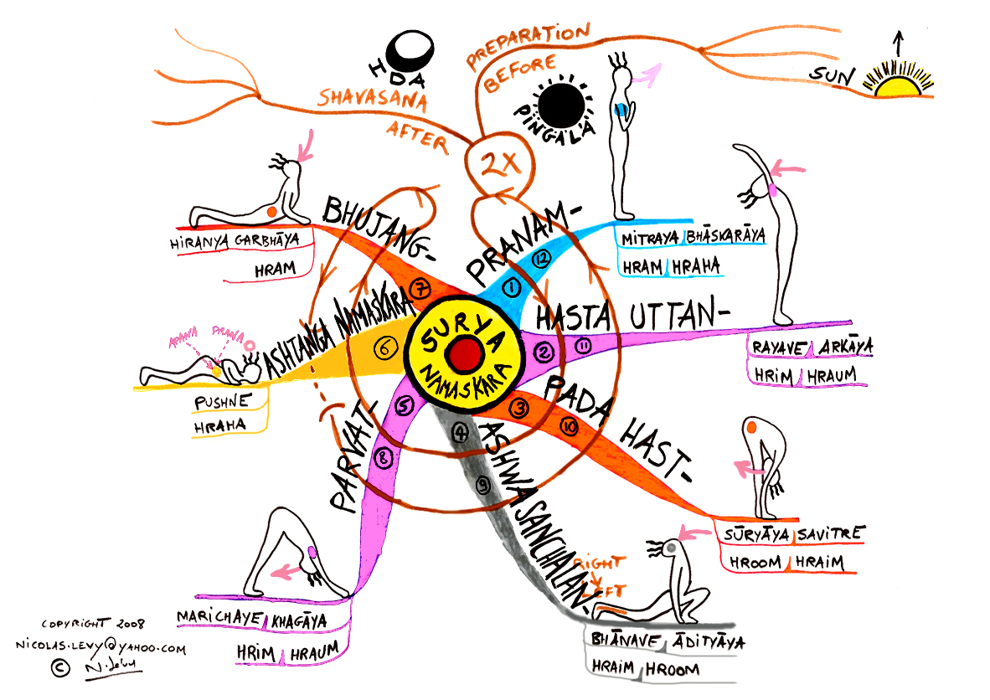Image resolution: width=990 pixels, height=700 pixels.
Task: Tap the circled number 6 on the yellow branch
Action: [x=384, y=351]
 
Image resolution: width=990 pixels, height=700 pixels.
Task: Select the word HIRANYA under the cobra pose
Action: [x=199, y=244]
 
